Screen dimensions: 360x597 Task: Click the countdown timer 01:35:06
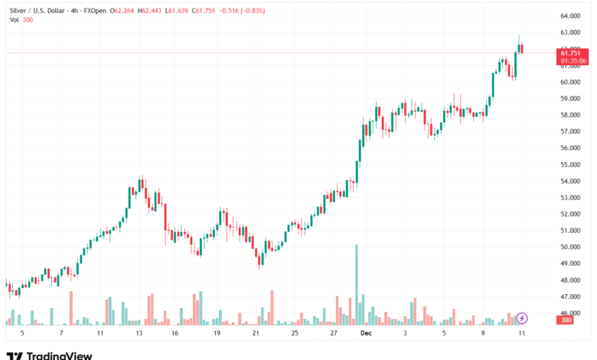(573, 60)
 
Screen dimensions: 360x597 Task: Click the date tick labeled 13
(139, 333)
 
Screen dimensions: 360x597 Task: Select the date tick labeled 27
(334, 333)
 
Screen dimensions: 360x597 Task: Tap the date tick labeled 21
(256, 333)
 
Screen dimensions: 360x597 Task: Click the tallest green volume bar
(357, 283)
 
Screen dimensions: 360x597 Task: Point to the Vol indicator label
(15, 20)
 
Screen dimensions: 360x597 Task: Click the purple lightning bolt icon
(522, 317)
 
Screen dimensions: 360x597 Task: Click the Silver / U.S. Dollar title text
(37, 11)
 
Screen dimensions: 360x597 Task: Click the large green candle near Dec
(358, 161)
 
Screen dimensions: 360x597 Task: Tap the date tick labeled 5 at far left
(22, 333)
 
